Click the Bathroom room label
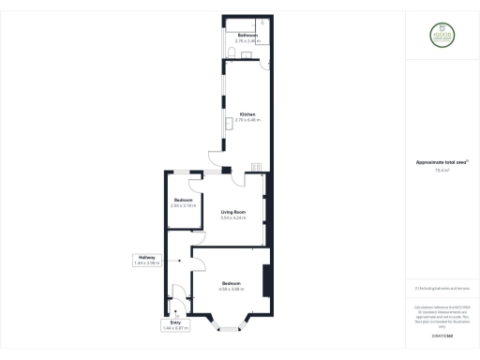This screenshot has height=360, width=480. point(247,35)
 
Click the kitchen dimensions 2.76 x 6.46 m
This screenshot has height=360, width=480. point(247,121)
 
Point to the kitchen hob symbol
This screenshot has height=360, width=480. point(255,168)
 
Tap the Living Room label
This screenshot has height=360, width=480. point(233,212)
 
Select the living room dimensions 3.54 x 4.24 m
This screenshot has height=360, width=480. point(233,217)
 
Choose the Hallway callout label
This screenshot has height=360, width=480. point(147,262)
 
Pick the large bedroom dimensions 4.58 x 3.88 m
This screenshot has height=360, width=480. point(232,288)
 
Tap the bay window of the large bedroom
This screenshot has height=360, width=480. point(230,325)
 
